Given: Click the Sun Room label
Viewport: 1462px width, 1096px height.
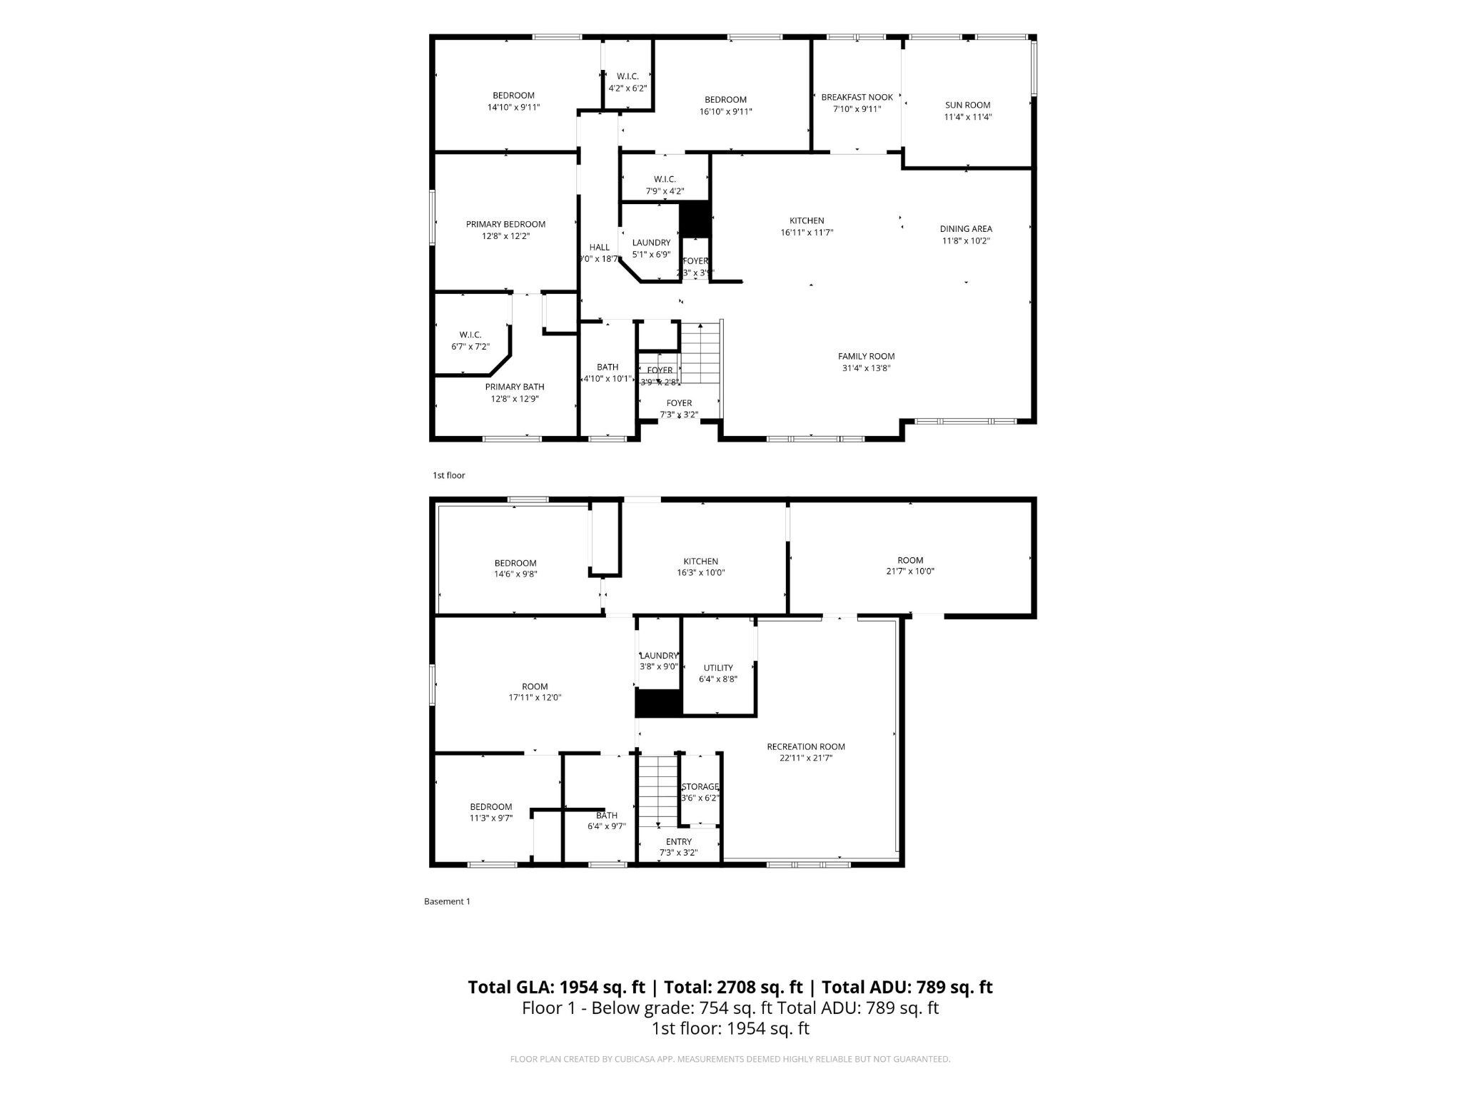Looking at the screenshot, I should click(967, 105).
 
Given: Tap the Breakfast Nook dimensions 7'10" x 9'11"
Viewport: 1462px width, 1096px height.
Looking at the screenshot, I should click(857, 109).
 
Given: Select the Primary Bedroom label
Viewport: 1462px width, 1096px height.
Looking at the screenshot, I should click(505, 224).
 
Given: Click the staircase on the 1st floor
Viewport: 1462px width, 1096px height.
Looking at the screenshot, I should click(702, 353).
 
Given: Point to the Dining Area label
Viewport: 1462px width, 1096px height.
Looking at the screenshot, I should click(965, 229).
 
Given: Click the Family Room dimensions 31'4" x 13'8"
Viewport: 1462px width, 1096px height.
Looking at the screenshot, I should click(866, 368).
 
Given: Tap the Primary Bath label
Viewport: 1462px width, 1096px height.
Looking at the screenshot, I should click(514, 387).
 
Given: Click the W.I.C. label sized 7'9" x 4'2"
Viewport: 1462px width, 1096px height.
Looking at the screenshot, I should click(664, 179).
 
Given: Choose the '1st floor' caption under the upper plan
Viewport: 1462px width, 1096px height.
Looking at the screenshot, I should click(448, 475).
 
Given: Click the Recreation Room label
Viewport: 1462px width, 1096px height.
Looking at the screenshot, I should click(805, 746).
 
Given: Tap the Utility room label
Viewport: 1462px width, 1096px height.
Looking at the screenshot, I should click(717, 668).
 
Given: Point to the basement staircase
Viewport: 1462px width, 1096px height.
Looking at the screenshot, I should click(657, 788).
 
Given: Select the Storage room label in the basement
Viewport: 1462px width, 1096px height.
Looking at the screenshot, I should click(700, 786).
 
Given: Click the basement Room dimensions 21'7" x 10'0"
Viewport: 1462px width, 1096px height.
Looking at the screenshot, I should click(909, 571).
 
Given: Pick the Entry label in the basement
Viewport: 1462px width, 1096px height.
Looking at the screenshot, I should click(678, 841).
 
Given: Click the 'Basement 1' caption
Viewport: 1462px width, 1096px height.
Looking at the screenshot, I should click(447, 901).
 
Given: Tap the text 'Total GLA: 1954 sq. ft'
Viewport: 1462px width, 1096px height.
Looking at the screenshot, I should click(556, 987).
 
